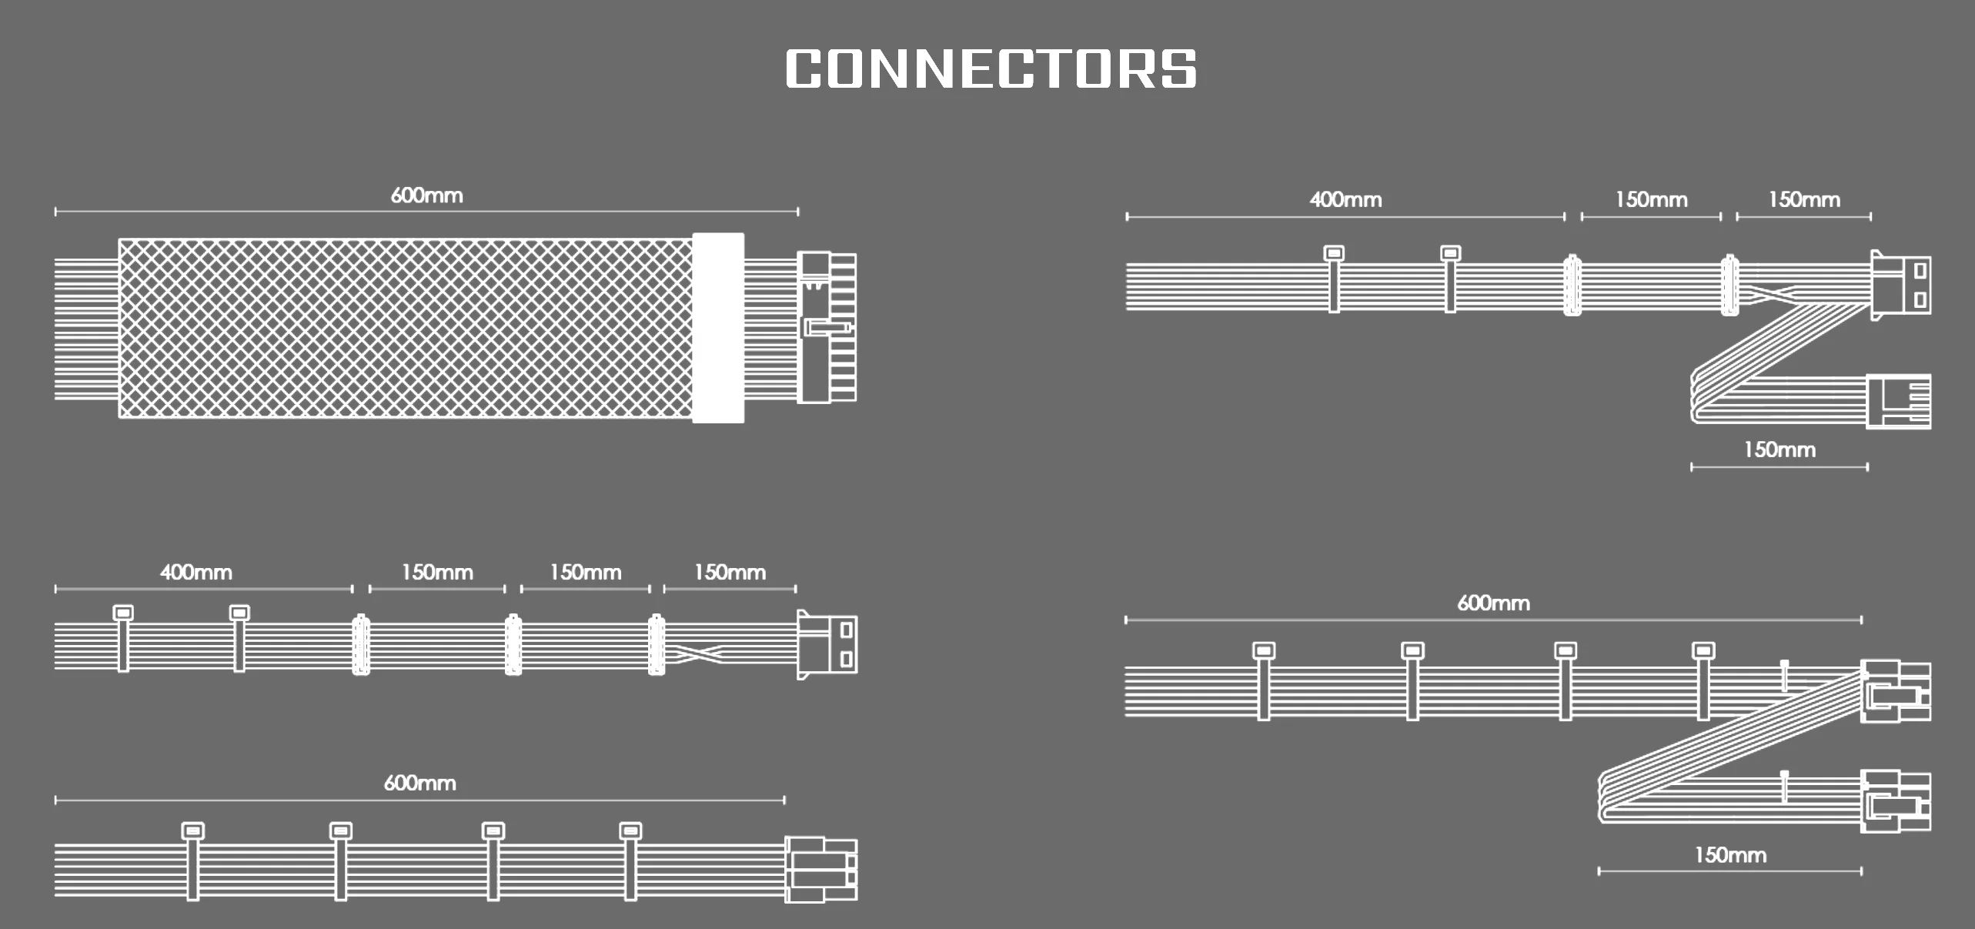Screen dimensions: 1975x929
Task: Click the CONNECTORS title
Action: coord(991,69)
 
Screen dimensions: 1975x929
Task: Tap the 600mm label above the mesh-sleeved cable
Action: coord(426,195)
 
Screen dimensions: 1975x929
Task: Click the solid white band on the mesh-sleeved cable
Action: coord(717,328)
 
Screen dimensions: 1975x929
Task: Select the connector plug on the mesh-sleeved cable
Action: coord(827,328)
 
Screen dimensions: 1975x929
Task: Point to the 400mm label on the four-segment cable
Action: coord(195,573)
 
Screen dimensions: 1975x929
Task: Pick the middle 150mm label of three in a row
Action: coord(585,573)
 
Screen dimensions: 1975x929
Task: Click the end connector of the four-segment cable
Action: coord(827,645)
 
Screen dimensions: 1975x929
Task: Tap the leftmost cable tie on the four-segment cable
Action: coord(123,639)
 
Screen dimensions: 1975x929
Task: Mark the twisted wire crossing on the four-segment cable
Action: coord(697,654)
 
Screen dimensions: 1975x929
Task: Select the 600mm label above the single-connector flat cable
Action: coord(419,784)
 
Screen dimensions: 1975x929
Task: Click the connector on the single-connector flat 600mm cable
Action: coord(820,870)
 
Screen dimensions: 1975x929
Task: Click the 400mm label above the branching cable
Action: coord(1345,200)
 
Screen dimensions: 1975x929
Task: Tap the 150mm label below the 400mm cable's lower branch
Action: coord(1779,450)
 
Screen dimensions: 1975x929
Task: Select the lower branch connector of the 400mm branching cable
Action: coord(1897,401)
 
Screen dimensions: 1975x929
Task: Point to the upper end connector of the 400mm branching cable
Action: coord(1900,282)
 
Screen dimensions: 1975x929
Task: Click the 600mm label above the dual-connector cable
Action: coord(1493,603)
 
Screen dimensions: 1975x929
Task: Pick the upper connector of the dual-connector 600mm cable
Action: coord(1894,691)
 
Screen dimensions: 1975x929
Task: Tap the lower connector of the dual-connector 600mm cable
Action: coord(1894,801)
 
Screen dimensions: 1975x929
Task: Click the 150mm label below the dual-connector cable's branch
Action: coord(1729,855)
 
